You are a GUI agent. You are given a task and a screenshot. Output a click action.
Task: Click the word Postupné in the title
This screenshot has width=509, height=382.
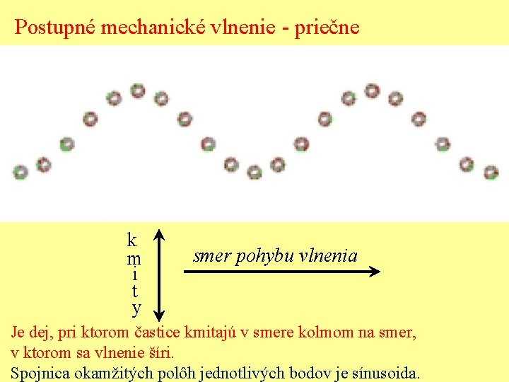(x=55, y=28)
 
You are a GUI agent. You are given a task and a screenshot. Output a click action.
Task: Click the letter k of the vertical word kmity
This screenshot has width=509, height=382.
(x=132, y=239)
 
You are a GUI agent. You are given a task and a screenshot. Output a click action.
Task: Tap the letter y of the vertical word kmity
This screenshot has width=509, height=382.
(x=136, y=308)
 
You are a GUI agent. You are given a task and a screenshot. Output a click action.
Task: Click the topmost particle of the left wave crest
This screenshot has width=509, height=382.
(x=137, y=91)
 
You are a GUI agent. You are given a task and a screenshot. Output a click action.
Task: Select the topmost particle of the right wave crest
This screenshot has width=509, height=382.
(x=372, y=91)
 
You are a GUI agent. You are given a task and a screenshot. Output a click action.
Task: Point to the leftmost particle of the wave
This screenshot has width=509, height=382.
(x=21, y=171)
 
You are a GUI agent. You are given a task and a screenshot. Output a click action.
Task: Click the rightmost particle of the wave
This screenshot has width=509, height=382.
(x=490, y=171)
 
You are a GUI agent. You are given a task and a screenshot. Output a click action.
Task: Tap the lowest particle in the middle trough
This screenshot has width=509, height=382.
(x=255, y=171)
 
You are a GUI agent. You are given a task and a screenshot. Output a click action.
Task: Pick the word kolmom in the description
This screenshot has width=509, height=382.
(x=327, y=331)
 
